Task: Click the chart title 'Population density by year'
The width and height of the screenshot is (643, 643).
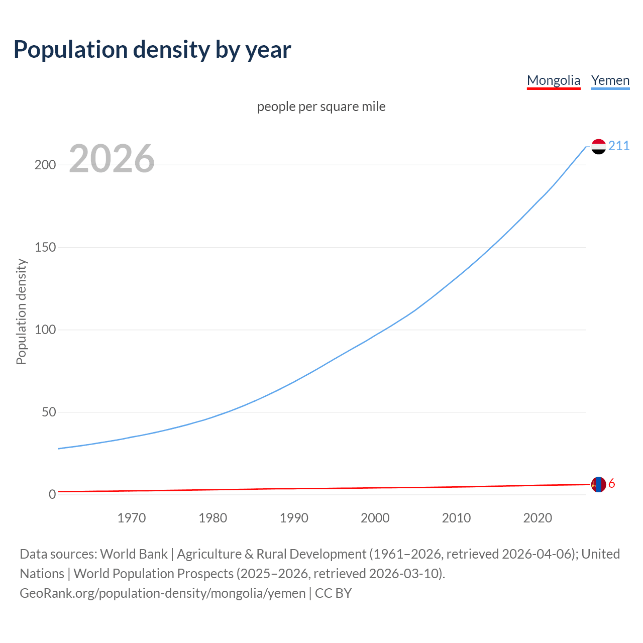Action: click(x=152, y=49)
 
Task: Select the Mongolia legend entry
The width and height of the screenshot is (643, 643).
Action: click(x=553, y=80)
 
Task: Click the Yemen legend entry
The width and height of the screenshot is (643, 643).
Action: click(x=610, y=80)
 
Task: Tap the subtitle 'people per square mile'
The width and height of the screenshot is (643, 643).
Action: click(x=321, y=106)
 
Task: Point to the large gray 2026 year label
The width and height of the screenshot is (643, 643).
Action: click(x=112, y=159)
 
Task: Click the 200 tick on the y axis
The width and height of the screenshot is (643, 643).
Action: click(x=45, y=165)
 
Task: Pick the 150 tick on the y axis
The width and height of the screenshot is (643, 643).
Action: click(x=45, y=247)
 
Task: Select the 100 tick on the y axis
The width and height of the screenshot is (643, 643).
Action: click(x=45, y=330)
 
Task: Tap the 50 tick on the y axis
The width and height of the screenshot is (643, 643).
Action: click(x=49, y=412)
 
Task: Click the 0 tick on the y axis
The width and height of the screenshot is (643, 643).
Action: click(x=52, y=495)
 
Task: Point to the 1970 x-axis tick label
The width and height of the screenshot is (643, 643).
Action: click(x=132, y=518)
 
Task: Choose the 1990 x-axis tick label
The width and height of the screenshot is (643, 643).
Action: click(x=294, y=518)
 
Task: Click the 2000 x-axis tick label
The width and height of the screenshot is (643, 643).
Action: click(x=375, y=518)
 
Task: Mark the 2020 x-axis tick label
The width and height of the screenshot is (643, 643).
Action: click(x=538, y=518)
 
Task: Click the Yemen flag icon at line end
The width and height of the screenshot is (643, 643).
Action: click(x=598, y=147)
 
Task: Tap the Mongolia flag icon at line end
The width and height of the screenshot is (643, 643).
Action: click(x=598, y=485)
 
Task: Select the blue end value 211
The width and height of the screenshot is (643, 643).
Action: click(x=619, y=146)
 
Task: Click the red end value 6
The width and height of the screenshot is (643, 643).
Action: click(x=612, y=484)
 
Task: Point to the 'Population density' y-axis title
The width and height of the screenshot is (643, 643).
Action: click(x=21, y=311)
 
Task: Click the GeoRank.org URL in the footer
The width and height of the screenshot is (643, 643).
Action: click(x=162, y=593)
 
